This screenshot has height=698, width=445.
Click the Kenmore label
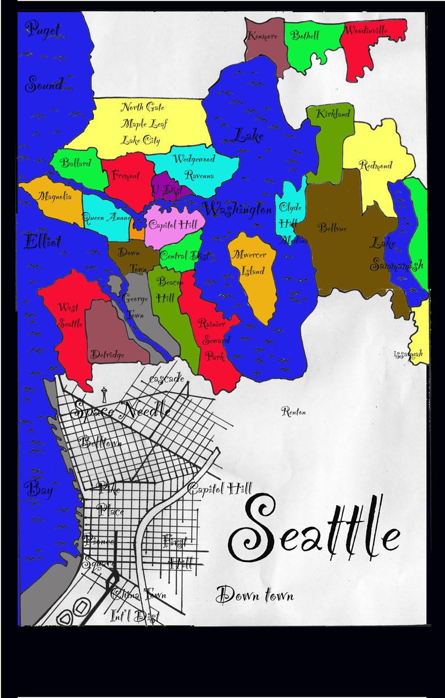pos(263,36)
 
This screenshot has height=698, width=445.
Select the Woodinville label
pos(366,30)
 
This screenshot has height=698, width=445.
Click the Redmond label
pos(375,164)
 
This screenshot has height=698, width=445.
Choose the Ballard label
pos(76,163)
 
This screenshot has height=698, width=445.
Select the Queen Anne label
pos(107,217)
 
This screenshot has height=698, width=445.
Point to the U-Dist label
pos(166,189)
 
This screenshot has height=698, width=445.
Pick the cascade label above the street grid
pos(166,380)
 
